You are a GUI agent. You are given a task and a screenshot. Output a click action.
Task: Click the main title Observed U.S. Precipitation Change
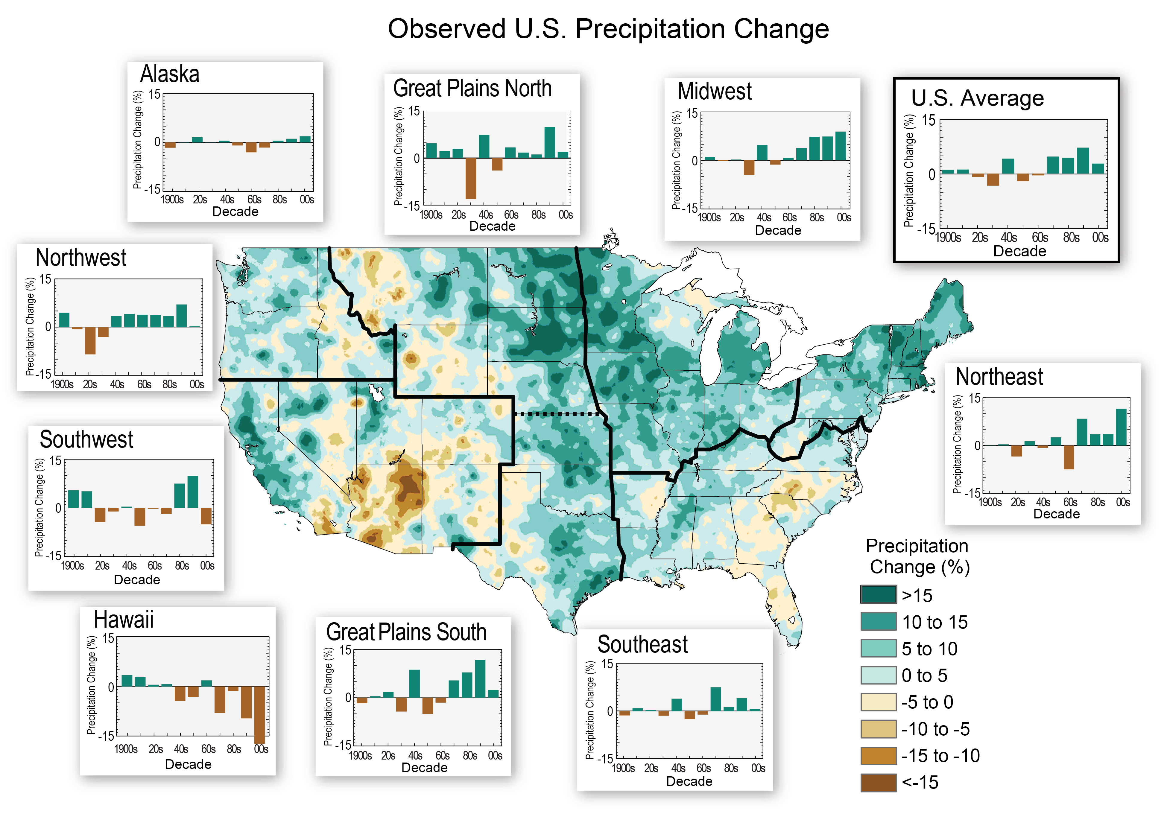(x=608, y=29)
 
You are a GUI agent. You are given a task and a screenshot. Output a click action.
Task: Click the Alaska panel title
(x=169, y=74)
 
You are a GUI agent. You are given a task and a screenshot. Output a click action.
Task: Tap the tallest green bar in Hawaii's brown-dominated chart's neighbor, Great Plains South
(x=480, y=679)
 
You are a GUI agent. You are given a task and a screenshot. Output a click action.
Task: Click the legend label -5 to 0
(x=927, y=702)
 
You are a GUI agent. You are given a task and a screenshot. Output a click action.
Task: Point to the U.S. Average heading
(x=977, y=98)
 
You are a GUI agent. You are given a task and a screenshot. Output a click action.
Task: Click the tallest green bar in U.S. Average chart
(x=1083, y=161)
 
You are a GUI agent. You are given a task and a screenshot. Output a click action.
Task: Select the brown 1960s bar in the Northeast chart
(x=1068, y=457)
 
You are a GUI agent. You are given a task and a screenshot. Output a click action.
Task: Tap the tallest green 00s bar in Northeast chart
(x=1121, y=427)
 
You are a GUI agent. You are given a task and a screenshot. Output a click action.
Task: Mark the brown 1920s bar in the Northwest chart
(x=90, y=340)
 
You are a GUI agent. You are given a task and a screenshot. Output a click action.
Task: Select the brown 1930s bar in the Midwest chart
(x=749, y=168)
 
